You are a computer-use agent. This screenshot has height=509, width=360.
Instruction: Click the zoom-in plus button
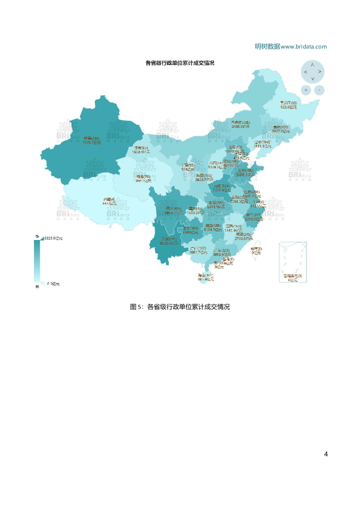pyautogui.click(x=306, y=90)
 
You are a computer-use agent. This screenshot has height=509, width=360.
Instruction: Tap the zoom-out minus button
pyautogui.click(x=319, y=90)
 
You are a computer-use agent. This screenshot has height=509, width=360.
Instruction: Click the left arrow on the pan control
pyautogui.click(x=306, y=72)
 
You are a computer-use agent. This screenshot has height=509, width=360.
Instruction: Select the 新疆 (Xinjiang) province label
pyautogui.click(x=92, y=140)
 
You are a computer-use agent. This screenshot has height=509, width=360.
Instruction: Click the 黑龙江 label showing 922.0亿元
pyautogui.click(x=288, y=105)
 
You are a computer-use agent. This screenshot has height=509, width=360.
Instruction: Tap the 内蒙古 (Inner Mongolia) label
pyautogui.click(x=240, y=124)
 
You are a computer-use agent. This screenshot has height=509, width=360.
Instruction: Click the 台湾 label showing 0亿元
pyautogui.click(x=256, y=250)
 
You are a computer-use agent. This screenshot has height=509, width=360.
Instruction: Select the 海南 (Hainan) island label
pyautogui.click(x=205, y=277)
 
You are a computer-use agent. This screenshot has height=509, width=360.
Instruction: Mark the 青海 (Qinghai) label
pyautogui.click(x=143, y=178)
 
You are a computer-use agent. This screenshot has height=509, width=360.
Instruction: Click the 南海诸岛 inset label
pyautogui.click(x=292, y=278)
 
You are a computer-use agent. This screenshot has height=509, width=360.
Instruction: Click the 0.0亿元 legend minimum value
pyautogui.click(x=53, y=284)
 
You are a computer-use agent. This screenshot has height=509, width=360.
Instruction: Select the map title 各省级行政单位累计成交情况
pyautogui.click(x=180, y=63)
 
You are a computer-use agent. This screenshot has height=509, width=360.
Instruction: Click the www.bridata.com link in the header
pyautogui.click(x=304, y=46)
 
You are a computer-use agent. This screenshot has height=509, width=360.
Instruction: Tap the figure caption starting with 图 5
pyautogui.click(x=180, y=307)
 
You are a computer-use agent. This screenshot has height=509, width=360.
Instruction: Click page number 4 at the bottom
pyautogui.click(x=325, y=454)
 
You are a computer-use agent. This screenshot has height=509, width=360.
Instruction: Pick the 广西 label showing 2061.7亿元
pyautogui.click(x=198, y=250)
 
